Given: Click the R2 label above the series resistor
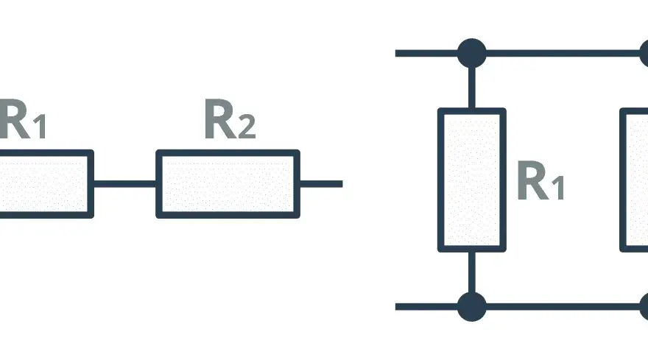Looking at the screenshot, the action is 230,119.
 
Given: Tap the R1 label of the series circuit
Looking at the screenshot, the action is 22,119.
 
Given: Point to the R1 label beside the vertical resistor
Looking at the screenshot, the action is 540,180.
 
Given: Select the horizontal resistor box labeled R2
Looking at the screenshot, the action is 228,184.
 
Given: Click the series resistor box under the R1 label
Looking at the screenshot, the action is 46,184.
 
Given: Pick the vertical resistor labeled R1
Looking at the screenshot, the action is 471,180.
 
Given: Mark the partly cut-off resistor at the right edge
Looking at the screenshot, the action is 634,180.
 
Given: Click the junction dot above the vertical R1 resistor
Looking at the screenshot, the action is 471,53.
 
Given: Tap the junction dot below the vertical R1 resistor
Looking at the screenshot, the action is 471,307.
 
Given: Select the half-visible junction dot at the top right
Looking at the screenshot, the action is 644,53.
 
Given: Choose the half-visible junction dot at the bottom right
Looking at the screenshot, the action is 644,307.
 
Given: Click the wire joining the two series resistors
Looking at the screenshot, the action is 124,184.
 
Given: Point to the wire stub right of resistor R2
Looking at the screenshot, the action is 321,184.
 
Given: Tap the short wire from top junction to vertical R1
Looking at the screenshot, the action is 471,88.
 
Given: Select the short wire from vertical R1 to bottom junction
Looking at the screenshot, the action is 471,272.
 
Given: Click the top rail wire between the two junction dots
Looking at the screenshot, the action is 563,53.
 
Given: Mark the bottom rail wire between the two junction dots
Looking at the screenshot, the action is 563,307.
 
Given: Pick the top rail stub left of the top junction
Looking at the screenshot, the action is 426,53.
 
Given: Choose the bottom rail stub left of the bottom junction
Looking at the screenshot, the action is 426,307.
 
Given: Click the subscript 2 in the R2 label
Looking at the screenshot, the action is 247,126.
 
